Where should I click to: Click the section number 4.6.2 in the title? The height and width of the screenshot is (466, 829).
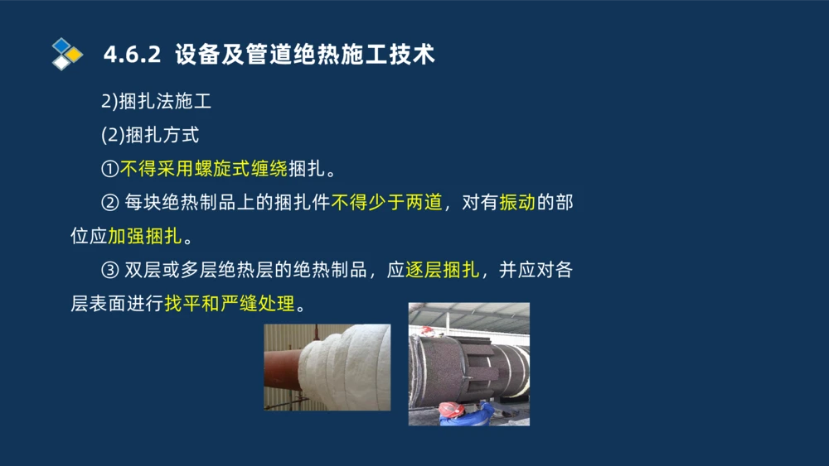point(132,55)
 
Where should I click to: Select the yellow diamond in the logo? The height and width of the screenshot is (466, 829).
point(74,55)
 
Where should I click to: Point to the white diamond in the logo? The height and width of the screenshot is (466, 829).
point(61,62)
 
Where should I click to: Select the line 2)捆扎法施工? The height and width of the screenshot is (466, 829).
point(156,102)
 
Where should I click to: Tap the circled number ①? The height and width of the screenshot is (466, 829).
point(110,169)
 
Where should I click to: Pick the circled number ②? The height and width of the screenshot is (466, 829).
point(110,203)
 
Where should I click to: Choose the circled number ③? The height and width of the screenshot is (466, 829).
point(110,270)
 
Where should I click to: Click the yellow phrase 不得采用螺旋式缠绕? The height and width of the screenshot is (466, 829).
point(204,169)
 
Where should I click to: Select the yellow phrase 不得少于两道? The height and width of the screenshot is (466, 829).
point(386,203)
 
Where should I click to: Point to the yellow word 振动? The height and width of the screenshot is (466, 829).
point(516,203)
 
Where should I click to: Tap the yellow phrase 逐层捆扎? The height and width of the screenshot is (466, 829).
point(442,270)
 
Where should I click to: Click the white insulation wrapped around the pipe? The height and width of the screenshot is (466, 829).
point(344,368)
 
